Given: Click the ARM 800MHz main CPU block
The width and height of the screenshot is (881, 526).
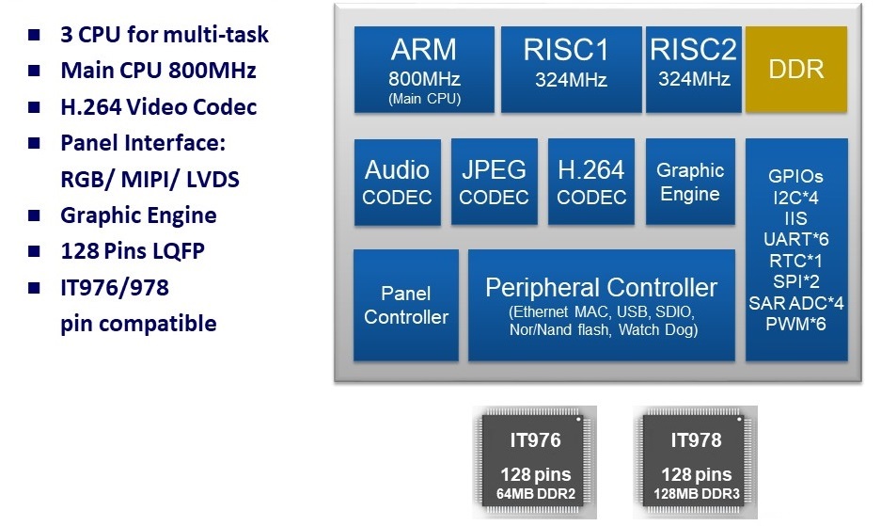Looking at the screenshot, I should click(424, 69).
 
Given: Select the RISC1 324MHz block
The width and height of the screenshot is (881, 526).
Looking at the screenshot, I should click(565, 69).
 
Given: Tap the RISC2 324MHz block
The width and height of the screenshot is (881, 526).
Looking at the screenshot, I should click(693, 69).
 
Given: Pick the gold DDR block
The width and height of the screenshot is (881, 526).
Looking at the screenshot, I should click(795, 70).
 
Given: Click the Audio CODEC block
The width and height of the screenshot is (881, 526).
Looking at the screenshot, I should click(397, 183).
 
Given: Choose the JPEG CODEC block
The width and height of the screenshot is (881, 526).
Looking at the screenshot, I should click(495, 183).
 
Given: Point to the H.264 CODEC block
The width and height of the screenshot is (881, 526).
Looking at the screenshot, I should click(590, 183).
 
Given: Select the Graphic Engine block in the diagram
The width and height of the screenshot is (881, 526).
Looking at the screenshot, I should click(690, 183).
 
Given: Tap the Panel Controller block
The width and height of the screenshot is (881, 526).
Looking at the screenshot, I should click(406, 305).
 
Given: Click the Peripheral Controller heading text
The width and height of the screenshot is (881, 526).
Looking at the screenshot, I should click(601, 288).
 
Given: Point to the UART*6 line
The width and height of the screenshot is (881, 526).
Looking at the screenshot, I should click(795, 239).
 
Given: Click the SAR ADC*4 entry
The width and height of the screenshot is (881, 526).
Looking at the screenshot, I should click(795, 302).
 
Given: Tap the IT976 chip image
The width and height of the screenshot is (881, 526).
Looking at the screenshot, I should click(535, 462).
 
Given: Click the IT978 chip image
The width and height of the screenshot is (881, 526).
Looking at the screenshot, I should click(696, 462).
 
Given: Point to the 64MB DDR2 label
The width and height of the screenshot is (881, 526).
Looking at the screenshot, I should click(535, 494).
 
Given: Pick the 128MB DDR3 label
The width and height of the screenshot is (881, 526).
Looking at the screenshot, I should click(696, 494).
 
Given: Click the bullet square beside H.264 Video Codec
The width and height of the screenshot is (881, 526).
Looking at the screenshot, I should click(35, 107).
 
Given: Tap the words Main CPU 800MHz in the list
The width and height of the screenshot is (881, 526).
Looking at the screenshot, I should click(158, 71).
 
